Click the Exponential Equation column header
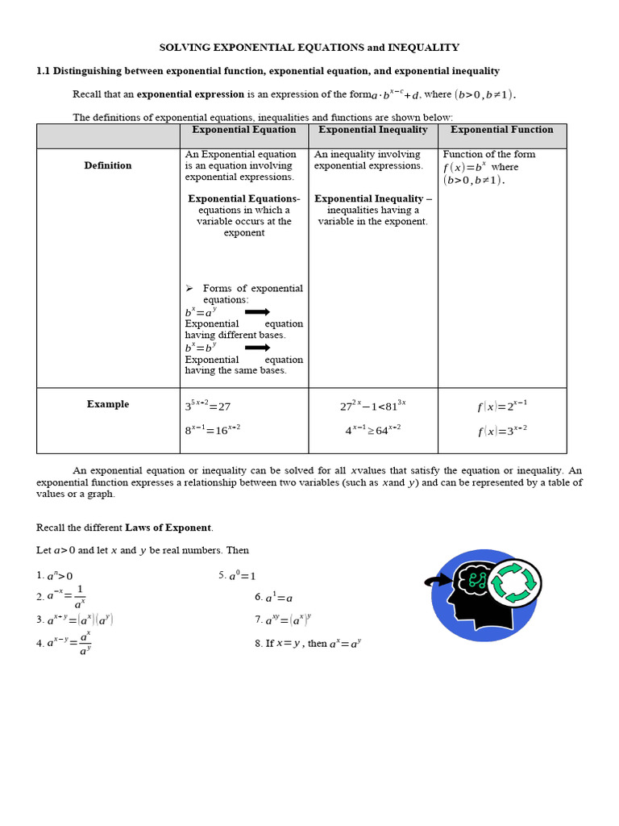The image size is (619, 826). click(x=243, y=130)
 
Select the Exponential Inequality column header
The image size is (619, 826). click(x=373, y=130)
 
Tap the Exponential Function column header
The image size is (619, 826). click(x=501, y=130)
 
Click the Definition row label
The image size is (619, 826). click(x=108, y=165)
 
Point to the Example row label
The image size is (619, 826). click(x=108, y=404)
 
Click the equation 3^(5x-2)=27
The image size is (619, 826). click(x=207, y=406)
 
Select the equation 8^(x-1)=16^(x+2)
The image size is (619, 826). click(x=213, y=430)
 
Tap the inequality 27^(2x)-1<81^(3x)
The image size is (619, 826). click(x=372, y=405)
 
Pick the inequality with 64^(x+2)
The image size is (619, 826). click(x=372, y=430)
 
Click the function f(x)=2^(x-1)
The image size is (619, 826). click(x=501, y=406)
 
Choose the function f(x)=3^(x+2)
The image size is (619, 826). click(x=501, y=430)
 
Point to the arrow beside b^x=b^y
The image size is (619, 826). click(x=257, y=348)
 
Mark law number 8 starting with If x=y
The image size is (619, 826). click(x=308, y=644)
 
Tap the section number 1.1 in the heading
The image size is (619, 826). click(x=44, y=71)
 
